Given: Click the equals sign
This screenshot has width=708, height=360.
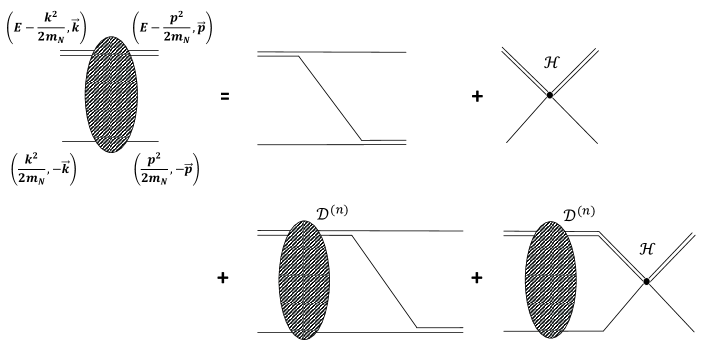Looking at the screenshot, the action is pos(226,97).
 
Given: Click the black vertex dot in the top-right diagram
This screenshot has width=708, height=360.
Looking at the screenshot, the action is pos(549,95).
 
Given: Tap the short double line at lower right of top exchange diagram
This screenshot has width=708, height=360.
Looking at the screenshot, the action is pos(383,141).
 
